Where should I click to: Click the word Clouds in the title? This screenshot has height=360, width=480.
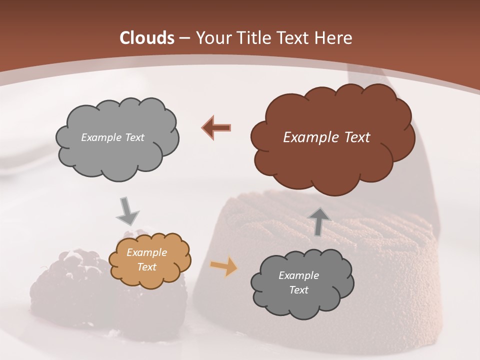[x=147, y=38]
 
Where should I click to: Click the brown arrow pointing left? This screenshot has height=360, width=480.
[x=216, y=127]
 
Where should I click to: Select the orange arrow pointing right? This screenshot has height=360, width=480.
[x=223, y=266]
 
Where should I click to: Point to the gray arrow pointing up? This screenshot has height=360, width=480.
[x=319, y=221]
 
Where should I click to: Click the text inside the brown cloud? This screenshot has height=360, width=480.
[x=326, y=137]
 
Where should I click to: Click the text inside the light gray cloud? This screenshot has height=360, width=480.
[x=112, y=137]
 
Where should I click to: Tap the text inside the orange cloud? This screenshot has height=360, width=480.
[x=146, y=260]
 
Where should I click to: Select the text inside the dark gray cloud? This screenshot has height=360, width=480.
[x=298, y=282]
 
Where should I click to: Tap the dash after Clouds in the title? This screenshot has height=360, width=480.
[x=184, y=38]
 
